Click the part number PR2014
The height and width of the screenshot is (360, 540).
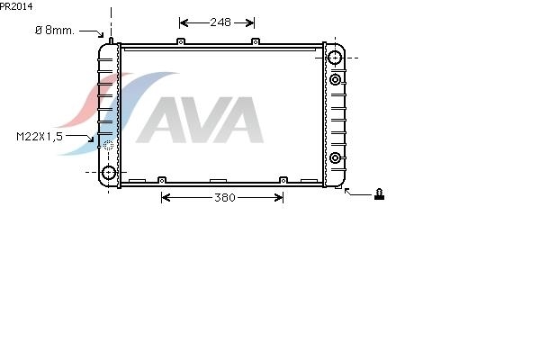pos(16,6)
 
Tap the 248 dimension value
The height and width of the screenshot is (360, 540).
pos(220,22)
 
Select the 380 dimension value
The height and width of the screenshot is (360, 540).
pos(225,197)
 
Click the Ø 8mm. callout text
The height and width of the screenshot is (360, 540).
pos(54,31)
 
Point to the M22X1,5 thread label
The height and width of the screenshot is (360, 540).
pos(40,137)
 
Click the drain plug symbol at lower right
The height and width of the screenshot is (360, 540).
pos(379,194)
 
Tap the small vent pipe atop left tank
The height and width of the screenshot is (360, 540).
pos(111,40)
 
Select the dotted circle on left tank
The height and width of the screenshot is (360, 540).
pos(109,146)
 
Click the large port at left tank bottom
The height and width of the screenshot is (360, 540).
pos(109,172)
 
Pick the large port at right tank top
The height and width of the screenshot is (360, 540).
pos(335,58)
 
